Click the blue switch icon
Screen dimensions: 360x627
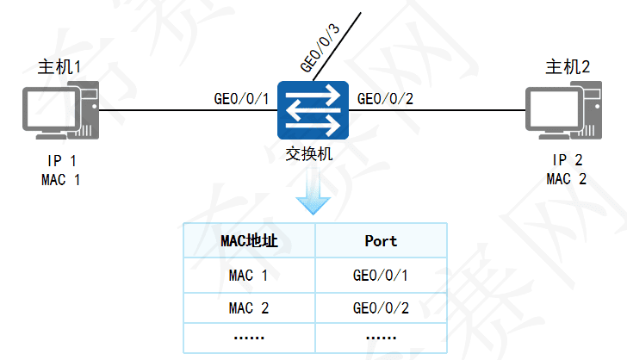coord(312,110)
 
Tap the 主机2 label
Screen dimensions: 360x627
coord(568,66)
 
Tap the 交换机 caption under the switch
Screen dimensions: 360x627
coord(310,155)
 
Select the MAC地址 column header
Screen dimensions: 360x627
coord(249,241)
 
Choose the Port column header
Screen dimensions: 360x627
coord(381,241)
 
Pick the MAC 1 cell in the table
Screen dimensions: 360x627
coord(249,276)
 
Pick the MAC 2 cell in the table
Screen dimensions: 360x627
coord(249,307)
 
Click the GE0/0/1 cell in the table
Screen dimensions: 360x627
coord(381,276)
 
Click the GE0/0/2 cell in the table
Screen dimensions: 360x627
coord(381,307)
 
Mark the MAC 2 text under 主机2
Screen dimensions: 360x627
coord(567,179)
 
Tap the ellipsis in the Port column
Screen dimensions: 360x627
coord(381,337)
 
